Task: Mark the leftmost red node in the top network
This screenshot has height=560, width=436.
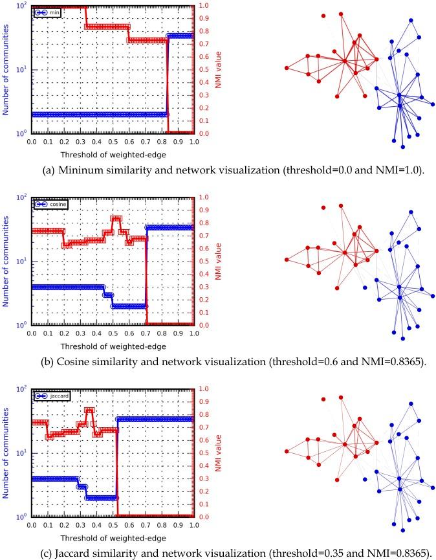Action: pyautogui.click(x=287, y=68)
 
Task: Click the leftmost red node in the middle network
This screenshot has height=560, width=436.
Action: pyautogui.click(x=287, y=260)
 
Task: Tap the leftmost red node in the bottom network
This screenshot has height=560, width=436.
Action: pyautogui.click(x=287, y=451)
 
